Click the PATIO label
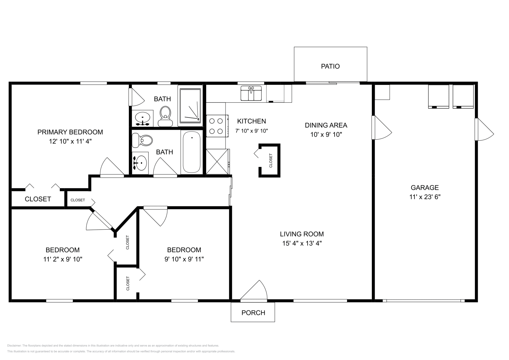[330, 66]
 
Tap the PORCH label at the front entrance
[253, 313]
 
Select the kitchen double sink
[251, 93]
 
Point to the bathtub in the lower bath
[192, 152]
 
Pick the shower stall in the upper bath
[190, 106]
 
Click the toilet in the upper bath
[165, 116]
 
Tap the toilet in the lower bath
[142, 140]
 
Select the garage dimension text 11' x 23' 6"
[425, 197]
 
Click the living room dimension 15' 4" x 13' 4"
[302, 243]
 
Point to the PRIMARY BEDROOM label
[70, 132]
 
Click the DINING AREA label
[326, 125]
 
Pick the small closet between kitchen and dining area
[270, 160]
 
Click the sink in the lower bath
[140, 163]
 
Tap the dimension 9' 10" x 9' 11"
[184, 259]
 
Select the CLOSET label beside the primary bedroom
[38, 199]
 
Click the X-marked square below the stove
[218, 162]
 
